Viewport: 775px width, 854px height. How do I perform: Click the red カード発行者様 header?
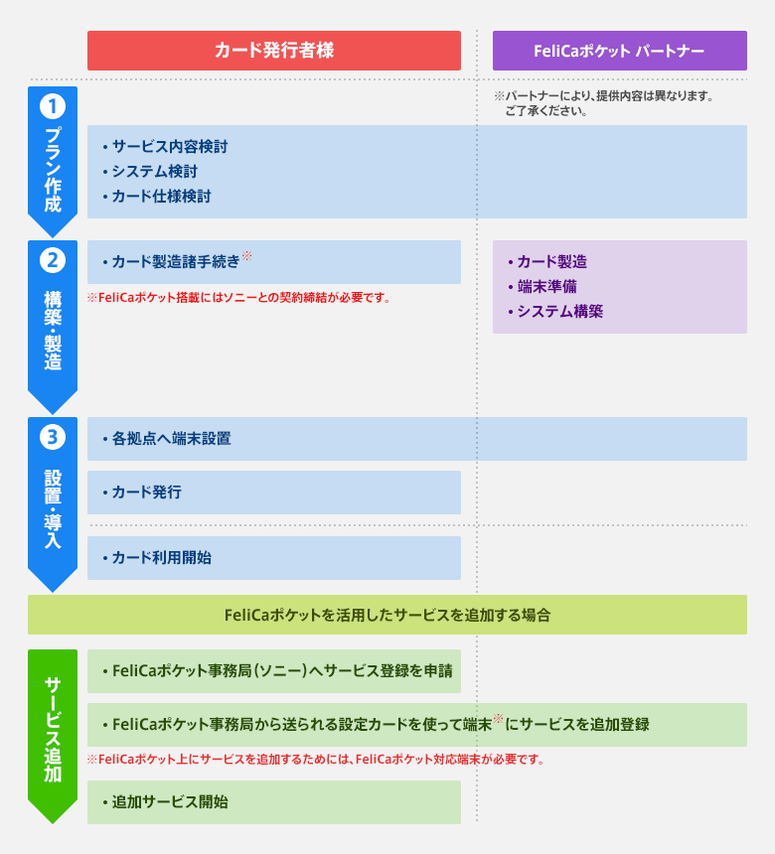273,51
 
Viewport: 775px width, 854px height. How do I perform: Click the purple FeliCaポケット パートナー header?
619,51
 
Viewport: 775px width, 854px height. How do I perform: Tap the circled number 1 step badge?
52,104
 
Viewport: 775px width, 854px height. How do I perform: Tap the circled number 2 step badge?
52,260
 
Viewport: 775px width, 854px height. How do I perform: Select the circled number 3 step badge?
52,436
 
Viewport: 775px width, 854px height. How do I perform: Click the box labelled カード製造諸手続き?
273,262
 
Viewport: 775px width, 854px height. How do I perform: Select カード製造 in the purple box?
551,262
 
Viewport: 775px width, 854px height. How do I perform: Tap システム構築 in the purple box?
559,311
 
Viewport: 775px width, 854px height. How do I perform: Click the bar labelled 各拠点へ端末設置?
417,438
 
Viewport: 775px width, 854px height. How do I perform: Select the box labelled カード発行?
273,492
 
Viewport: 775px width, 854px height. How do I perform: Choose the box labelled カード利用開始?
273,558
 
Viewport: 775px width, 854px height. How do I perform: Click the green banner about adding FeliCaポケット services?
387,615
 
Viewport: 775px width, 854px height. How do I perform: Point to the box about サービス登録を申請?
273,671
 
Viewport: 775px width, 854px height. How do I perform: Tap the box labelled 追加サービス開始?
273,801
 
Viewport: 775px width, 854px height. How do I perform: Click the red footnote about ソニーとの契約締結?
238,298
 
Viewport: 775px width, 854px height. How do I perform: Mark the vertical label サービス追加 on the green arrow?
52,729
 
